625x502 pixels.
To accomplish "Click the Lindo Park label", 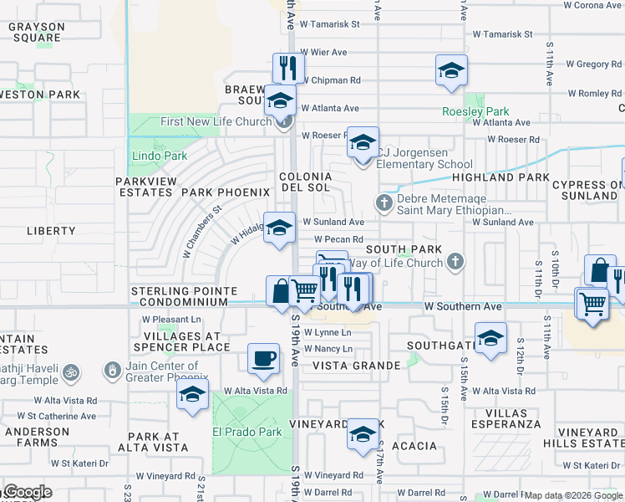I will (x=159, y=156).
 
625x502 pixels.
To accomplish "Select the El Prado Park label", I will (x=236, y=432).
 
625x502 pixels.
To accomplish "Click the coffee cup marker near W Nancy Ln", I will (x=264, y=358).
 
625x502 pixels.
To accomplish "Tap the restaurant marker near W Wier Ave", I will (x=285, y=68).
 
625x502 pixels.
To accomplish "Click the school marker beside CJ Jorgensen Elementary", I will (x=363, y=141).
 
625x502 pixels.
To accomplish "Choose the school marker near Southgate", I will (x=490, y=339).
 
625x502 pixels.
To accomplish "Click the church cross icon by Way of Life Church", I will (x=455, y=263).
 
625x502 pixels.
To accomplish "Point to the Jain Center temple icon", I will (x=112, y=369).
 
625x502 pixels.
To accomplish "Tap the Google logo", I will (x=27, y=492).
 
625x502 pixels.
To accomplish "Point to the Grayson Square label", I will (x=34, y=32).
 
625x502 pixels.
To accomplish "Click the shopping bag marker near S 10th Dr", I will (x=599, y=270).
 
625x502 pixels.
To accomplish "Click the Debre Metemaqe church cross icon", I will (x=384, y=203).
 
